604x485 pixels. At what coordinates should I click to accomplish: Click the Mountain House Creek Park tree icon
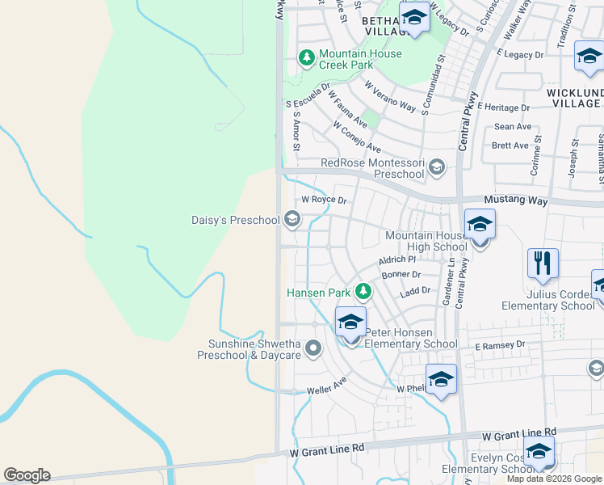(x=307, y=57)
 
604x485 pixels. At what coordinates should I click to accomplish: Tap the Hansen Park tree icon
(x=363, y=292)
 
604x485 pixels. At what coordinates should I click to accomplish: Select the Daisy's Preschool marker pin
(x=292, y=219)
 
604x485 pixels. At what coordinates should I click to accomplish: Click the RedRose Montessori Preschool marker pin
(x=437, y=167)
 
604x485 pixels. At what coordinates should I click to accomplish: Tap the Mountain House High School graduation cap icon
(x=480, y=226)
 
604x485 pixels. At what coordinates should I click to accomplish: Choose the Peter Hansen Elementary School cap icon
(x=350, y=323)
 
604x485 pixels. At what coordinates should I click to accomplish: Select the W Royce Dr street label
(x=324, y=200)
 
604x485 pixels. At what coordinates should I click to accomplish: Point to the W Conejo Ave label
(x=357, y=137)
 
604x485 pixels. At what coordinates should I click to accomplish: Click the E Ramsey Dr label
(x=500, y=344)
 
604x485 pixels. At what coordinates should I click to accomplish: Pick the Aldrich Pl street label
(x=396, y=260)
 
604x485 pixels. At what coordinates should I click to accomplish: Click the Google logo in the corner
(x=27, y=475)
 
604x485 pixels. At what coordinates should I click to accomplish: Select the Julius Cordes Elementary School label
(x=548, y=300)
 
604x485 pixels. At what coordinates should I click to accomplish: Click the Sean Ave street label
(x=513, y=127)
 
